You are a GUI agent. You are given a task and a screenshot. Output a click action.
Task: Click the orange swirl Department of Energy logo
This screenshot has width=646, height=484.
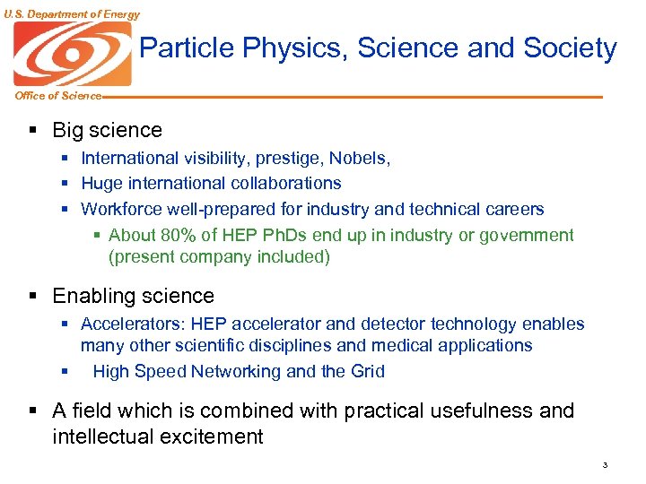(73, 54)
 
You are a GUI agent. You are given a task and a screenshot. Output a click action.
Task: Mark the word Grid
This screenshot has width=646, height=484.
(367, 371)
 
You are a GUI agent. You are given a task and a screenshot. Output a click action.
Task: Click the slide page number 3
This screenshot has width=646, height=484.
(606, 465)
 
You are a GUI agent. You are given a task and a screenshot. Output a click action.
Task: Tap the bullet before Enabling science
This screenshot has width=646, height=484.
(32, 297)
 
